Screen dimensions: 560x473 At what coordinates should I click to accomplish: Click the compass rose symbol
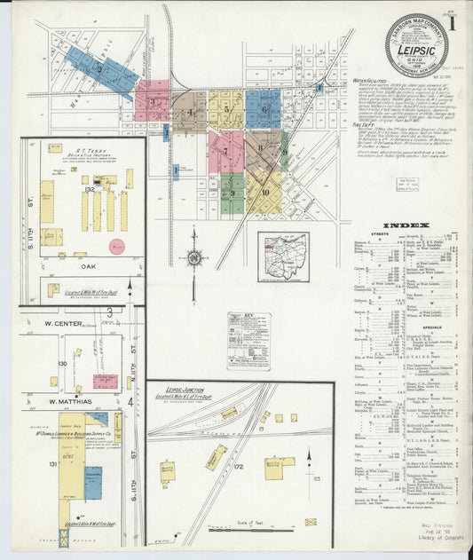point(193,258)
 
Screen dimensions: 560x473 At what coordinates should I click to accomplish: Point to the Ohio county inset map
point(284,256)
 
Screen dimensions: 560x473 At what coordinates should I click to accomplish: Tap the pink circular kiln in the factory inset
point(117,246)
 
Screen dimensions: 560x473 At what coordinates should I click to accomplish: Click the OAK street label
point(83,264)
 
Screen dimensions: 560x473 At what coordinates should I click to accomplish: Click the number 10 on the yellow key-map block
point(265,193)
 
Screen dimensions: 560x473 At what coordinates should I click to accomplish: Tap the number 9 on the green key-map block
point(233,193)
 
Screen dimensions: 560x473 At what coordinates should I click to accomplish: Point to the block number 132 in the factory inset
point(90,189)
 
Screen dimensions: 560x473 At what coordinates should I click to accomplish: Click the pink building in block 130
point(105,382)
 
